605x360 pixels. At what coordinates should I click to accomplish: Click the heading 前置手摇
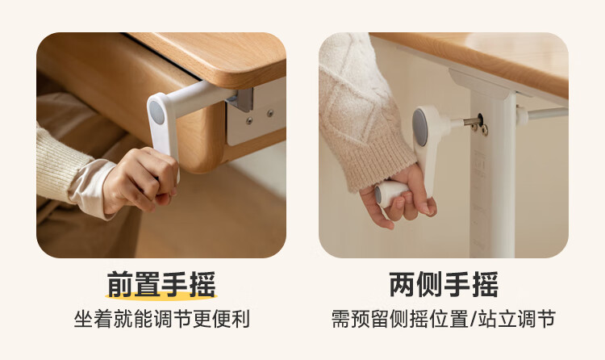(x=161, y=285)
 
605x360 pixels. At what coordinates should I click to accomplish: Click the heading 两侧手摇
(x=444, y=285)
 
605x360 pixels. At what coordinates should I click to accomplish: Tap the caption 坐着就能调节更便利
(x=162, y=319)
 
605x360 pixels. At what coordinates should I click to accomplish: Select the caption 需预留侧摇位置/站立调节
(x=444, y=319)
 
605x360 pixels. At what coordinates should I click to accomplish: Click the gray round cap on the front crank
(x=156, y=112)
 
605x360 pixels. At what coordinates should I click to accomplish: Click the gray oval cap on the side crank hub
(x=419, y=127)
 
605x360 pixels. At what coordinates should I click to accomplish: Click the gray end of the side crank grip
(x=378, y=195)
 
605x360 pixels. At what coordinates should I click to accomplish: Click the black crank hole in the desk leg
(x=481, y=119)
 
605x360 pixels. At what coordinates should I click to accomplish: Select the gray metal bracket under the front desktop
(x=241, y=100)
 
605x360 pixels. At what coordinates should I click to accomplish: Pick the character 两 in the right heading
(x=403, y=285)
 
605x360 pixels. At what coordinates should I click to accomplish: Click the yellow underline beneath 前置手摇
(x=161, y=297)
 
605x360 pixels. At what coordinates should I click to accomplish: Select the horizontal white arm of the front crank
(x=201, y=97)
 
